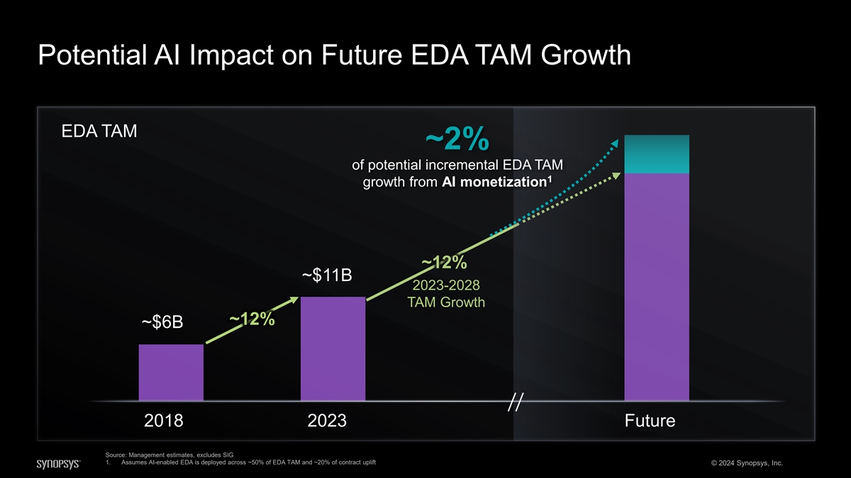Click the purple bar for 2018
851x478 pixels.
pos(171,372)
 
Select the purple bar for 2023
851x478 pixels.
pos(333,348)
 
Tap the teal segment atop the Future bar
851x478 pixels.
pos(657,154)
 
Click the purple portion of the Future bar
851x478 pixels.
pos(657,287)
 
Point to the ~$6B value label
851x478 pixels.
pos(162,323)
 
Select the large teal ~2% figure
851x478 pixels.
pos(457,140)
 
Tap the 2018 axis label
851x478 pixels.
pos(164,421)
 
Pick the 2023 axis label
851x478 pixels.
pos(327,421)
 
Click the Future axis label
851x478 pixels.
pos(650,421)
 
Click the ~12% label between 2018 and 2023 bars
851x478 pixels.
pos(252,319)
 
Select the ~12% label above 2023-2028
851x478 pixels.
pos(444,263)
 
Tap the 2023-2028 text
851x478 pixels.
pos(446,285)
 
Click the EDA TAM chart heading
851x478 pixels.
pos(99,132)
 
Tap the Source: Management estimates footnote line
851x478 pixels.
pos(169,455)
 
